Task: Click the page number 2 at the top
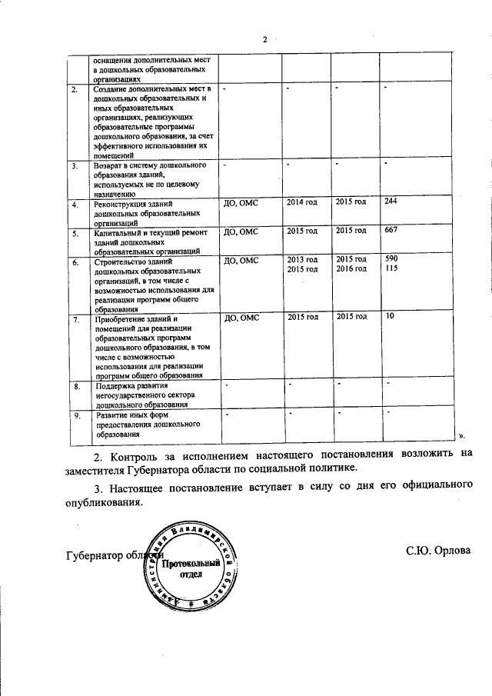[264, 39]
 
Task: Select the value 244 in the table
[391, 201]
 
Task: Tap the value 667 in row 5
[391, 230]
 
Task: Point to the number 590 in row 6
[391, 259]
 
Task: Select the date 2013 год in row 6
[301, 259]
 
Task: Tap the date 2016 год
[351, 268]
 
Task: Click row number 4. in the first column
[75, 205]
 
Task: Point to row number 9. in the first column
[75, 416]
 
